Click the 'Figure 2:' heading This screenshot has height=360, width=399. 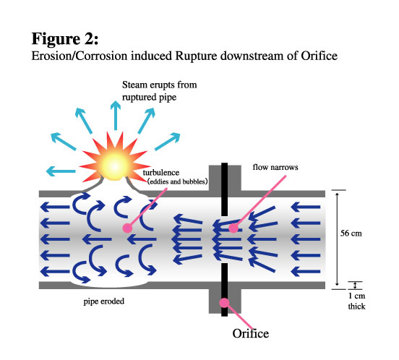pos(65,38)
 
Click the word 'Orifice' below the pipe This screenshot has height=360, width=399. pos(250,333)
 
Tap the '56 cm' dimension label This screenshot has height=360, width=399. pos(351,233)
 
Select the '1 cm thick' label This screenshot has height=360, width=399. pos(356,301)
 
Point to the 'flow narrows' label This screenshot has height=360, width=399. pos(275,167)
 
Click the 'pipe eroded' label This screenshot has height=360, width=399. pos(104,301)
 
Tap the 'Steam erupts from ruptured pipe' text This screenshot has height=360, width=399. pos(159,91)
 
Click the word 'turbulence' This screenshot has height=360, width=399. pos(160,173)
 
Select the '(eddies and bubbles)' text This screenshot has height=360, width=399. pos(177,181)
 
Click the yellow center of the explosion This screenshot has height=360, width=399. pos(115,166)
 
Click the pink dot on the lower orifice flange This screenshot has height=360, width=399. pos(224,303)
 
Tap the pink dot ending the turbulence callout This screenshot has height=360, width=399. pos(127,228)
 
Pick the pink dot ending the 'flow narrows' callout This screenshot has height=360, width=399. pos(233,228)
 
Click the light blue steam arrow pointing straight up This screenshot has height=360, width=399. pos(116,115)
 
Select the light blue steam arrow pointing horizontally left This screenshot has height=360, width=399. pos(61,171)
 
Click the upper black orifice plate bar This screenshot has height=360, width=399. pos(224,189)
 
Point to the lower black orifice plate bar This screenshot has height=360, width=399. pos(224,290)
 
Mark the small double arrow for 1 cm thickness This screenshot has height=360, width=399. pos(355,286)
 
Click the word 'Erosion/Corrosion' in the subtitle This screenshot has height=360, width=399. pos(79,56)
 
